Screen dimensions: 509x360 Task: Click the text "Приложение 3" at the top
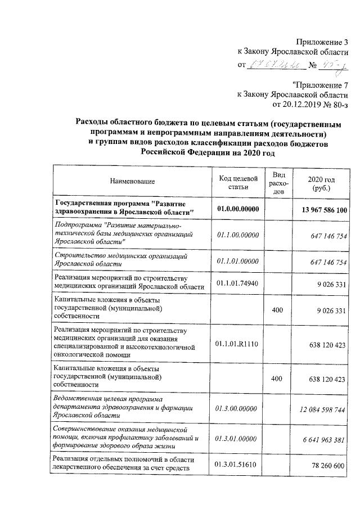click(322, 42)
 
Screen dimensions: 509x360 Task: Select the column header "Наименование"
click(132, 181)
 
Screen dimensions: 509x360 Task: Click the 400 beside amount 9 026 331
click(277, 310)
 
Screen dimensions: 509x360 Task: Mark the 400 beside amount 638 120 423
click(277, 379)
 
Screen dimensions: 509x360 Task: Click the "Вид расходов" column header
click(277, 181)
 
